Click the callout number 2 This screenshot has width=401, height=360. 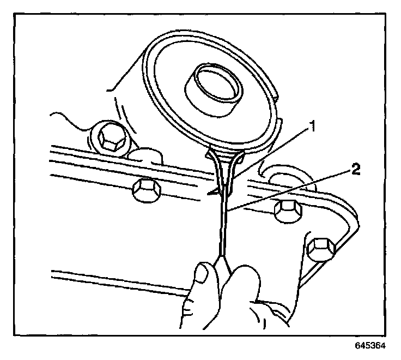coord(355,170)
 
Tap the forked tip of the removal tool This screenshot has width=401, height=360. coord(225,169)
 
